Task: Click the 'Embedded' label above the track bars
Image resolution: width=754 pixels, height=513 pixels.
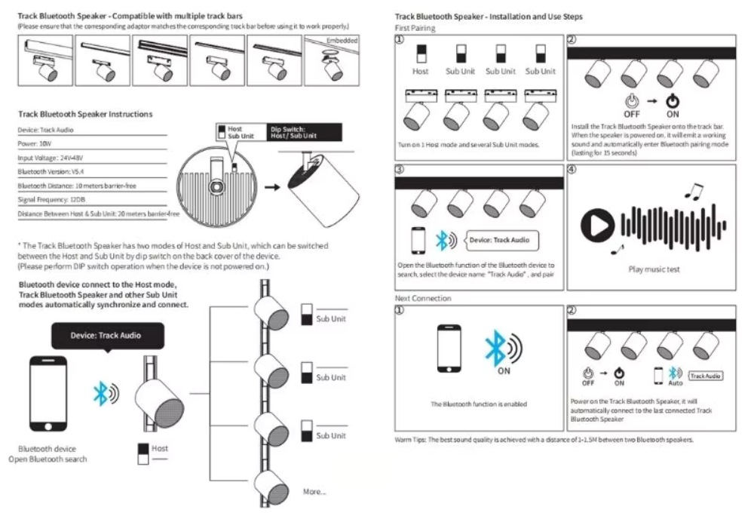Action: tap(342, 38)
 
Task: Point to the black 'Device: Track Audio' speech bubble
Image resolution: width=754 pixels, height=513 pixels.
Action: tap(105, 334)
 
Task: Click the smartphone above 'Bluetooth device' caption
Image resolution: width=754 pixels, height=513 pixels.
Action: tap(48, 395)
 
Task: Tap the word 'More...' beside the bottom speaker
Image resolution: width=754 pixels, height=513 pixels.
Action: tap(314, 491)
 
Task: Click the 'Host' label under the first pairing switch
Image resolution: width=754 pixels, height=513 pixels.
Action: tap(420, 72)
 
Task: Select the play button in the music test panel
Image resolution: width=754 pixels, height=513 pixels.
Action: tap(597, 224)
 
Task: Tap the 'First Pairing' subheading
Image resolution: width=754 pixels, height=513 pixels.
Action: tap(415, 28)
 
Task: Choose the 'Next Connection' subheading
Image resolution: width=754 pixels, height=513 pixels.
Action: tap(423, 299)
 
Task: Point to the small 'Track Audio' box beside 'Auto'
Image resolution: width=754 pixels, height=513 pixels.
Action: tap(705, 375)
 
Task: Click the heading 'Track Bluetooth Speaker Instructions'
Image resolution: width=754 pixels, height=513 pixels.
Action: tap(85, 114)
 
